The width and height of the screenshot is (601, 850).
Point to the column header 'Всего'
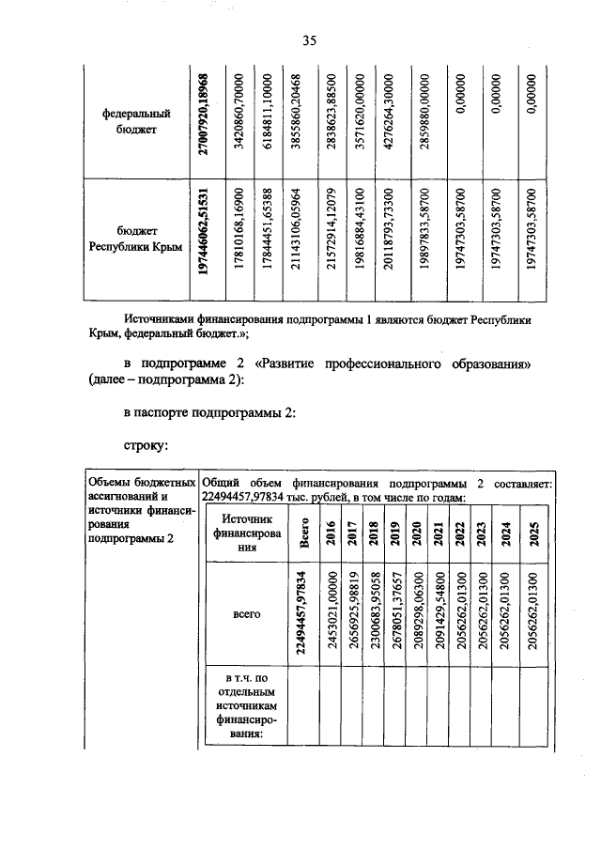click(304, 535)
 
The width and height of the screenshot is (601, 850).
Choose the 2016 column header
click(330, 535)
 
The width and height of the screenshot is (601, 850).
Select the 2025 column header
click(533, 535)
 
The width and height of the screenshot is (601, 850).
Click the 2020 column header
click(416, 535)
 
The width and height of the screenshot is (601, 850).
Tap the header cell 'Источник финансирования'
click(247, 535)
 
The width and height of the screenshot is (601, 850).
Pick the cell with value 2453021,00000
click(331, 614)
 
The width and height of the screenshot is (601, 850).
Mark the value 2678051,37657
click(395, 614)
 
